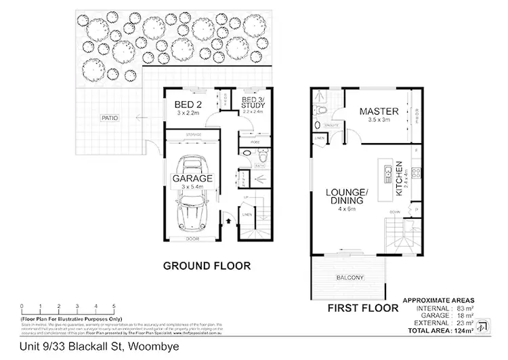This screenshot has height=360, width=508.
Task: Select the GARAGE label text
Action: (x=192, y=178)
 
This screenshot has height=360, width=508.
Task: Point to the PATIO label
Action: (x=110, y=118)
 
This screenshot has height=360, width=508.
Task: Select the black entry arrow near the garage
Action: (x=228, y=219)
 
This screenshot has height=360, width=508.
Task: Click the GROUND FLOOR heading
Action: (x=207, y=266)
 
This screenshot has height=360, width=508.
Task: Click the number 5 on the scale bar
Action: (x=114, y=306)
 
